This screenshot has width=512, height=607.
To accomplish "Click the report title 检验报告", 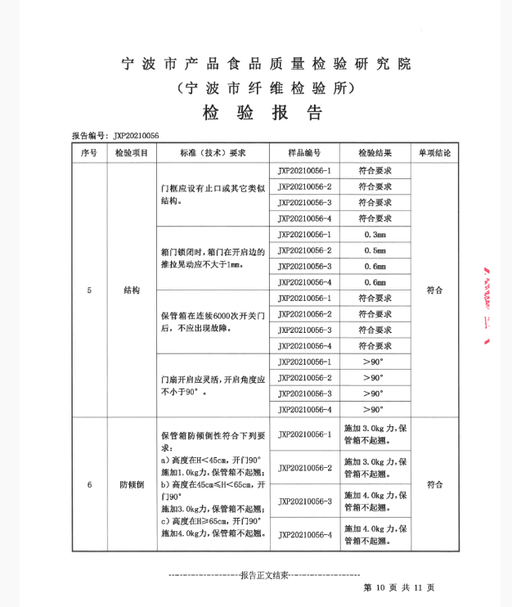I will tap(263, 112).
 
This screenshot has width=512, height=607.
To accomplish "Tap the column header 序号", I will tap(88, 153).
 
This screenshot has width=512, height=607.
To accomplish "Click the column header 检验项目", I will tap(132, 153).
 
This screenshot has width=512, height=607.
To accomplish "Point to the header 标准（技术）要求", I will tap(213, 153).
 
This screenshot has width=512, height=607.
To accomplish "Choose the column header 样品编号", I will tap(304, 153).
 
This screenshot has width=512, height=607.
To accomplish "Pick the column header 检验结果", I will tap(375, 153).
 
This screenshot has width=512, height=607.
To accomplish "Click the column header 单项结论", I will tap(434, 153).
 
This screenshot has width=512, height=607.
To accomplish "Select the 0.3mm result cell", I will tap(375, 235).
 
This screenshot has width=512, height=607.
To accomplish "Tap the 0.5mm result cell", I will tap(375, 250).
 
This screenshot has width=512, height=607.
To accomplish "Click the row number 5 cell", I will tap(88, 290).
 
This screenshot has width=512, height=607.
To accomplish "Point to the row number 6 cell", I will tap(88, 484).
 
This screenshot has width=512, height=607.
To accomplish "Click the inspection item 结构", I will tap(132, 290).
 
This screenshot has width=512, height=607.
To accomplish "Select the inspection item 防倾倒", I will tap(132, 484).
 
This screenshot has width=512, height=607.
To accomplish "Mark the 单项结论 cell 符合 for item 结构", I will tap(434, 290).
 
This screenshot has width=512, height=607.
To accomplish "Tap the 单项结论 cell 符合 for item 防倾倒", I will tap(434, 484).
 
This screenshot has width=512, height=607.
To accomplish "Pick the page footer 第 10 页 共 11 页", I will tap(398, 587).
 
